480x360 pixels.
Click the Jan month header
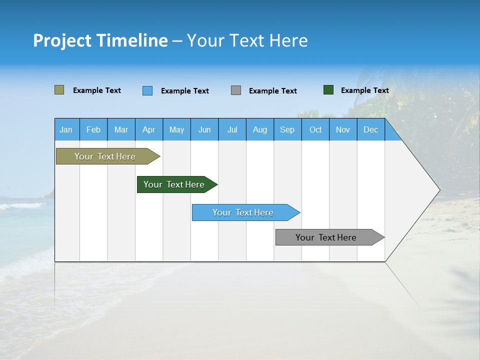[x=66, y=129]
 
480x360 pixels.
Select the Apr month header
[x=149, y=129]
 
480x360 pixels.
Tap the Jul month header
[x=232, y=129]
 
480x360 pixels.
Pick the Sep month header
[x=287, y=129]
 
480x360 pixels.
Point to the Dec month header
[x=370, y=129]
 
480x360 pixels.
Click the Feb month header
[x=93, y=129]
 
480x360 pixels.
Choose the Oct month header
[x=315, y=129]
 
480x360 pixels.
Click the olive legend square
[x=59, y=90]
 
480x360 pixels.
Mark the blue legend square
[x=147, y=90]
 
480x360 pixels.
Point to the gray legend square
[x=236, y=90]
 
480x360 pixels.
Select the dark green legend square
[x=328, y=90]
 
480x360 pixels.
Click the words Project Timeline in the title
[x=100, y=40]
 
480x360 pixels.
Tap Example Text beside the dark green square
[x=364, y=90]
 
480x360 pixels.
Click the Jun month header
[x=204, y=129]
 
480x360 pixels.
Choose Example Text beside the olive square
[x=97, y=90]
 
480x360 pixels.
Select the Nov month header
[x=343, y=129]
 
